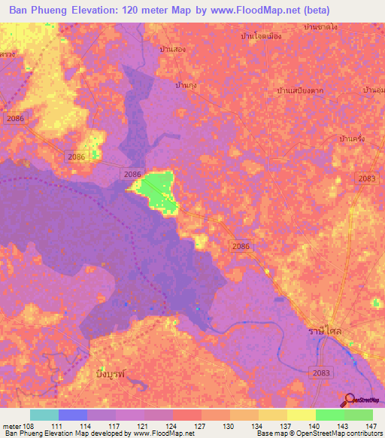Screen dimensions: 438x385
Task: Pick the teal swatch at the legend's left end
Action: pyautogui.click(x=44, y=415)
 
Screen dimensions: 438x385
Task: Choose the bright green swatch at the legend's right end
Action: pyautogui.click(x=359, y=415)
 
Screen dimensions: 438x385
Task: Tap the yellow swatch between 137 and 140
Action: pyautogui.click(x=301, y=415)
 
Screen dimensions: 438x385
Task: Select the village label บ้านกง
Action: pyautogui.click(x=185, y=85)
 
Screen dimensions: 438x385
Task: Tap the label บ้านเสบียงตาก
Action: pyautogui.click(x=300, y=91)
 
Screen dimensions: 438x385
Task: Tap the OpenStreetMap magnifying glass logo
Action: pyautogui.click(x=350, y=402)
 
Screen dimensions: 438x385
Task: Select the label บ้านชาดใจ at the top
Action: pyautogui.click(x=320, y=27)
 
